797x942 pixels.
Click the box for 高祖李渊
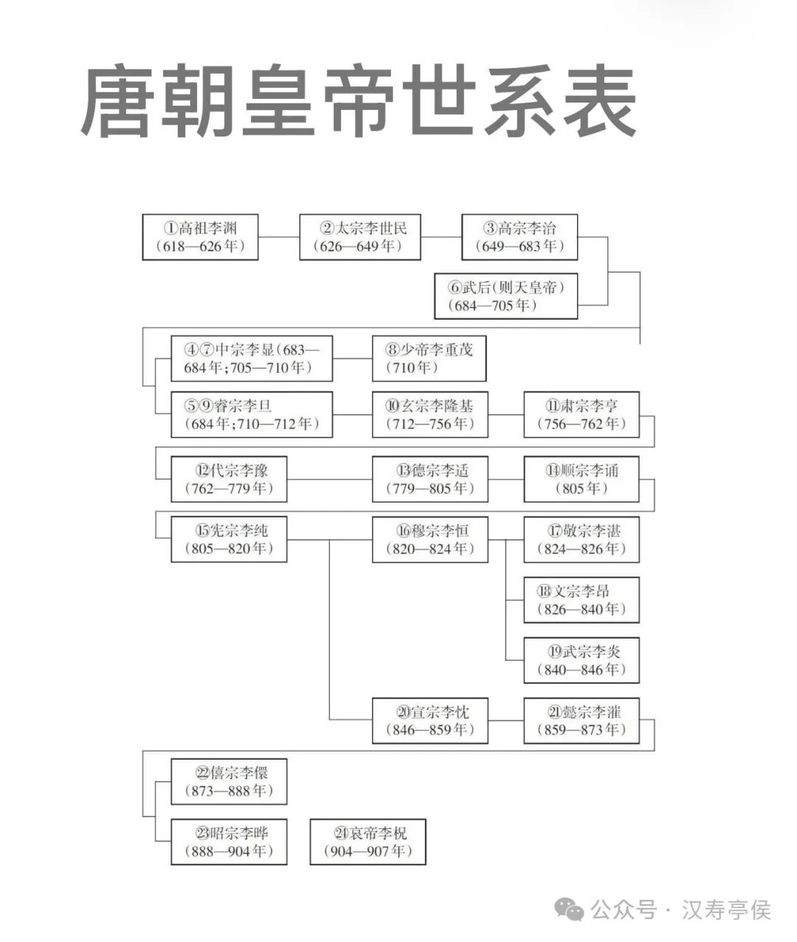point(200,237)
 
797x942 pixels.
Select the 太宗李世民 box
point(359,237)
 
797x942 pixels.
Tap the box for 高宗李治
point(520,237)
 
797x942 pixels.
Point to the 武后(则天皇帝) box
point(506,296)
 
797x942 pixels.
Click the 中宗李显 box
point(252,358)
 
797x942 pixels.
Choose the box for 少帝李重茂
point(429,358)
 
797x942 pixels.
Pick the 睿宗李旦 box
point(252,414)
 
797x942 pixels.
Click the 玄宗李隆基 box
point(429,414)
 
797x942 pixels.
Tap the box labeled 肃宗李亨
point(581,414)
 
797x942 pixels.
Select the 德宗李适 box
point(429,479)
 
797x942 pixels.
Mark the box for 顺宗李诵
point(581,479)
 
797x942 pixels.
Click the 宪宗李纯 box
point(229,539)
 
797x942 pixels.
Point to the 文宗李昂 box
point(581,599)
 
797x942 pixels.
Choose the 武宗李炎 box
point(581,660)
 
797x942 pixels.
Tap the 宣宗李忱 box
point(429,721)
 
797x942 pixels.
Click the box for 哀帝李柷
point(368,842)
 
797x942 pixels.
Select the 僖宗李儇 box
point(229,781)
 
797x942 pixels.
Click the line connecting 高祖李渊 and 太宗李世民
point(278,237)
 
